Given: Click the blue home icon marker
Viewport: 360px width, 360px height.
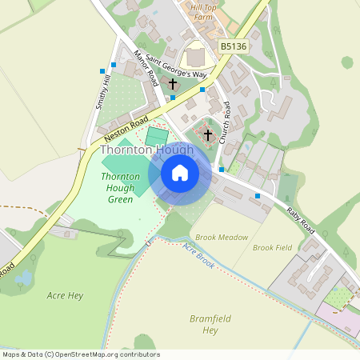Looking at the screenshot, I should [180, 173].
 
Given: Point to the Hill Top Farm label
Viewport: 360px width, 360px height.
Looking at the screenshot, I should [203, 11].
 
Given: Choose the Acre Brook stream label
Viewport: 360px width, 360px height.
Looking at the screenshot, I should [198, 255].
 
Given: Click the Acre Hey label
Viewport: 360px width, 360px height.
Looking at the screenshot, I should [65, 295].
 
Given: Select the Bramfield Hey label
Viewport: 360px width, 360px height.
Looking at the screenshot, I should [210, 324].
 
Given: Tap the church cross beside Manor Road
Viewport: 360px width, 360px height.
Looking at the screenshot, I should [172, 83].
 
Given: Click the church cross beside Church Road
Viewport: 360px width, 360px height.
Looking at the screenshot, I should [208, 134].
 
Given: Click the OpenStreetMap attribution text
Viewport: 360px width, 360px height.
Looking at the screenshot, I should [82, 354].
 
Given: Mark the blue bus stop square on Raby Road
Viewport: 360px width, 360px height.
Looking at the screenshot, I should [258, 195].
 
